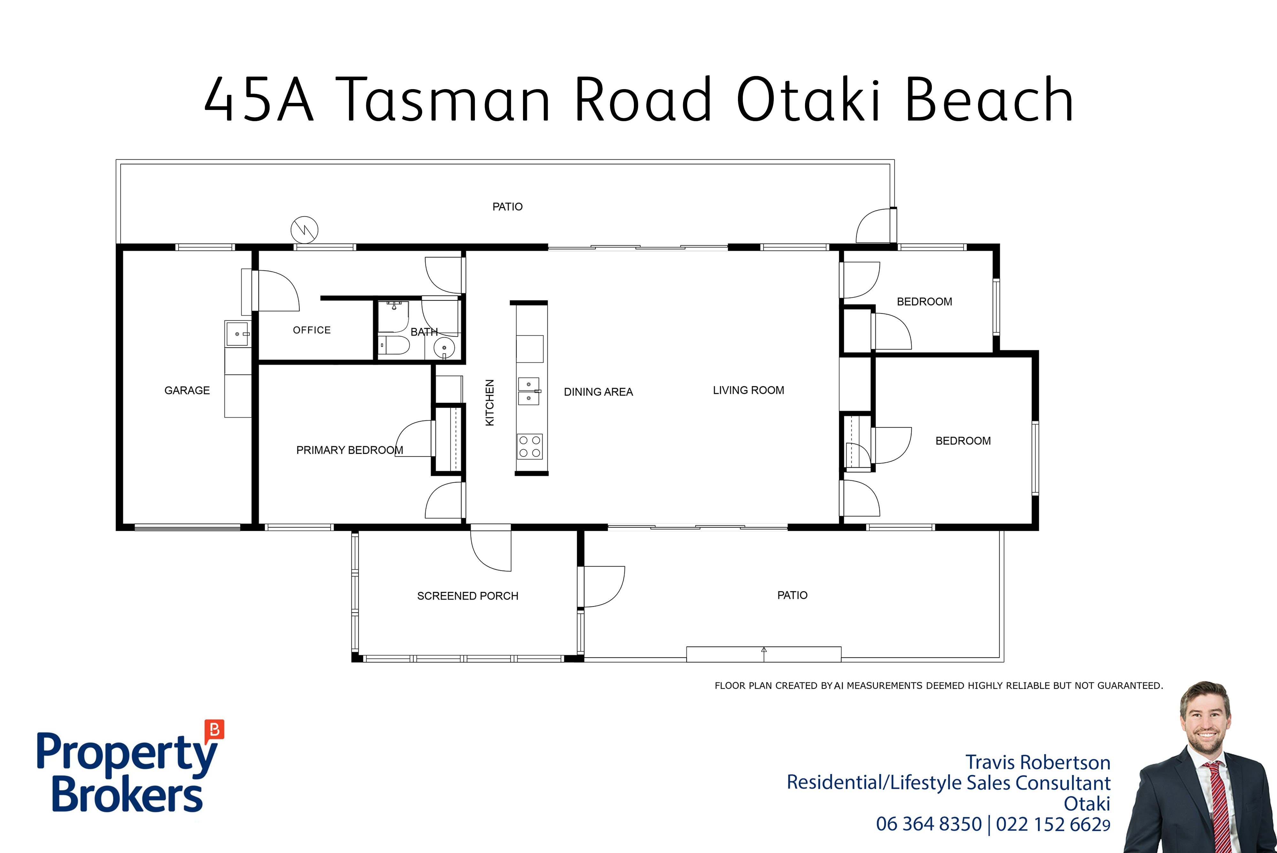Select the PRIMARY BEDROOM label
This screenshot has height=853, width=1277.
click(350, 450)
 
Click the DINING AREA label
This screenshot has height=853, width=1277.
click(598, 392)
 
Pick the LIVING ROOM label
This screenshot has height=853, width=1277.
click(748, 390)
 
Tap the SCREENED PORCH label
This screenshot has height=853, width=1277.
click(467, 596)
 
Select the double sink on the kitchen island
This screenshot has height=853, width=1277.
click(529, 391)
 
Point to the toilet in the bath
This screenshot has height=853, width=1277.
click(394, 345)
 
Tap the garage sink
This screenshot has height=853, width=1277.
click(238, 334)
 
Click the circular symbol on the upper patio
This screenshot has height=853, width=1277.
click(304, 230)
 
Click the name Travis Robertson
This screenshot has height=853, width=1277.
click(1038, 762)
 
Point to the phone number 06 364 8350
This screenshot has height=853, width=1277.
click(929, 824)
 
